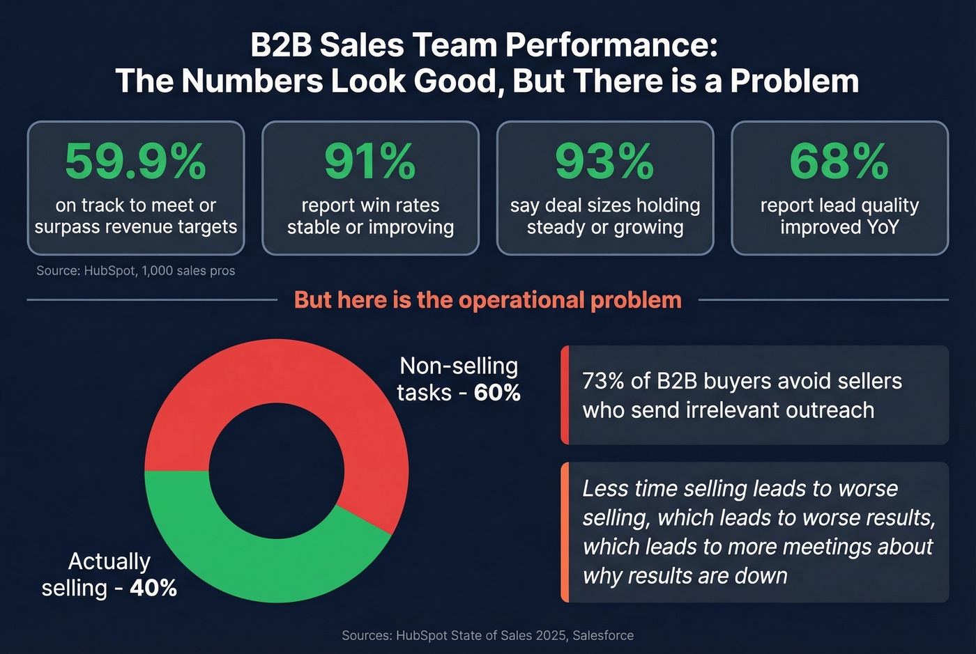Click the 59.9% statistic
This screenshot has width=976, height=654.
point(135,162)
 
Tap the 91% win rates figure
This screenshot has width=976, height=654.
point(370,162)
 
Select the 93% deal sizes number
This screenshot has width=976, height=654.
point(604,162)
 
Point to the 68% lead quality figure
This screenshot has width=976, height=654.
point(839,162)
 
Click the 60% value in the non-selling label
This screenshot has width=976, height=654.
point(497,393)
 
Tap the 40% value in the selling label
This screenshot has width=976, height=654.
point(153,588)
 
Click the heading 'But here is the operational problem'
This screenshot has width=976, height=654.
point(487,299)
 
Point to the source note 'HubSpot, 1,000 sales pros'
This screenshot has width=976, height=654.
point(135,271)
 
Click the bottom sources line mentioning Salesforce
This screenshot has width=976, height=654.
point(487,635)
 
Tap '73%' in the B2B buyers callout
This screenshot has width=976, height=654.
point(603,381)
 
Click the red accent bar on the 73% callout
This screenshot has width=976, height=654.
point(565,395)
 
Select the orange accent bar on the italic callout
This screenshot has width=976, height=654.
point(565,532)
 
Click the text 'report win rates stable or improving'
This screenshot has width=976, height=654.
point(370,216)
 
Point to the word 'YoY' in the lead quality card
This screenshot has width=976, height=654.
point(882,227)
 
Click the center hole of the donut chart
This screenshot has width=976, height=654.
point(277,471)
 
